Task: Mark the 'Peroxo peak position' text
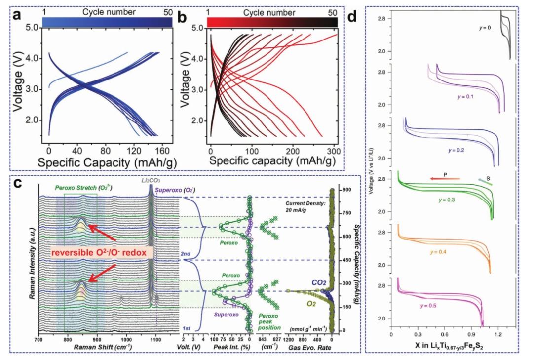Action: pyautogui.click(x=271, y=321)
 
